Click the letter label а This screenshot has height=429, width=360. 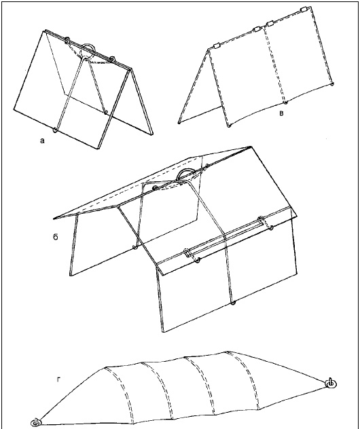coord(42,141)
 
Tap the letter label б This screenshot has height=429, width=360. coord(56,237)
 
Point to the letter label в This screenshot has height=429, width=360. coord(281,113)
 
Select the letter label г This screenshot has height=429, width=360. coord(58,379)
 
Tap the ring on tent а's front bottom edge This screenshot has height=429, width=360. coord(56,130)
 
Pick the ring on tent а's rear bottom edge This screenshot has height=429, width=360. coord(106,111)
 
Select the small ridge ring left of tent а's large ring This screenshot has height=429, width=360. coord(67,41)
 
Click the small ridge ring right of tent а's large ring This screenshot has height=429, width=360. coord(112,58)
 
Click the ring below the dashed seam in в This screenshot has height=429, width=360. coord(285,102)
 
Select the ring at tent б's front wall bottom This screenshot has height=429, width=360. coord(233,303)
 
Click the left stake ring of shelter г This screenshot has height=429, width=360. coord(36,422)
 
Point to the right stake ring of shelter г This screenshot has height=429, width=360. coord(331,383)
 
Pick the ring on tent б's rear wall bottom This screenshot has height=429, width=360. coord(134,248)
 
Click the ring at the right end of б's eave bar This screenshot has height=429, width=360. coord(271,227)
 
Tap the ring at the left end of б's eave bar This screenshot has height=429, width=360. coord(198,260)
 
